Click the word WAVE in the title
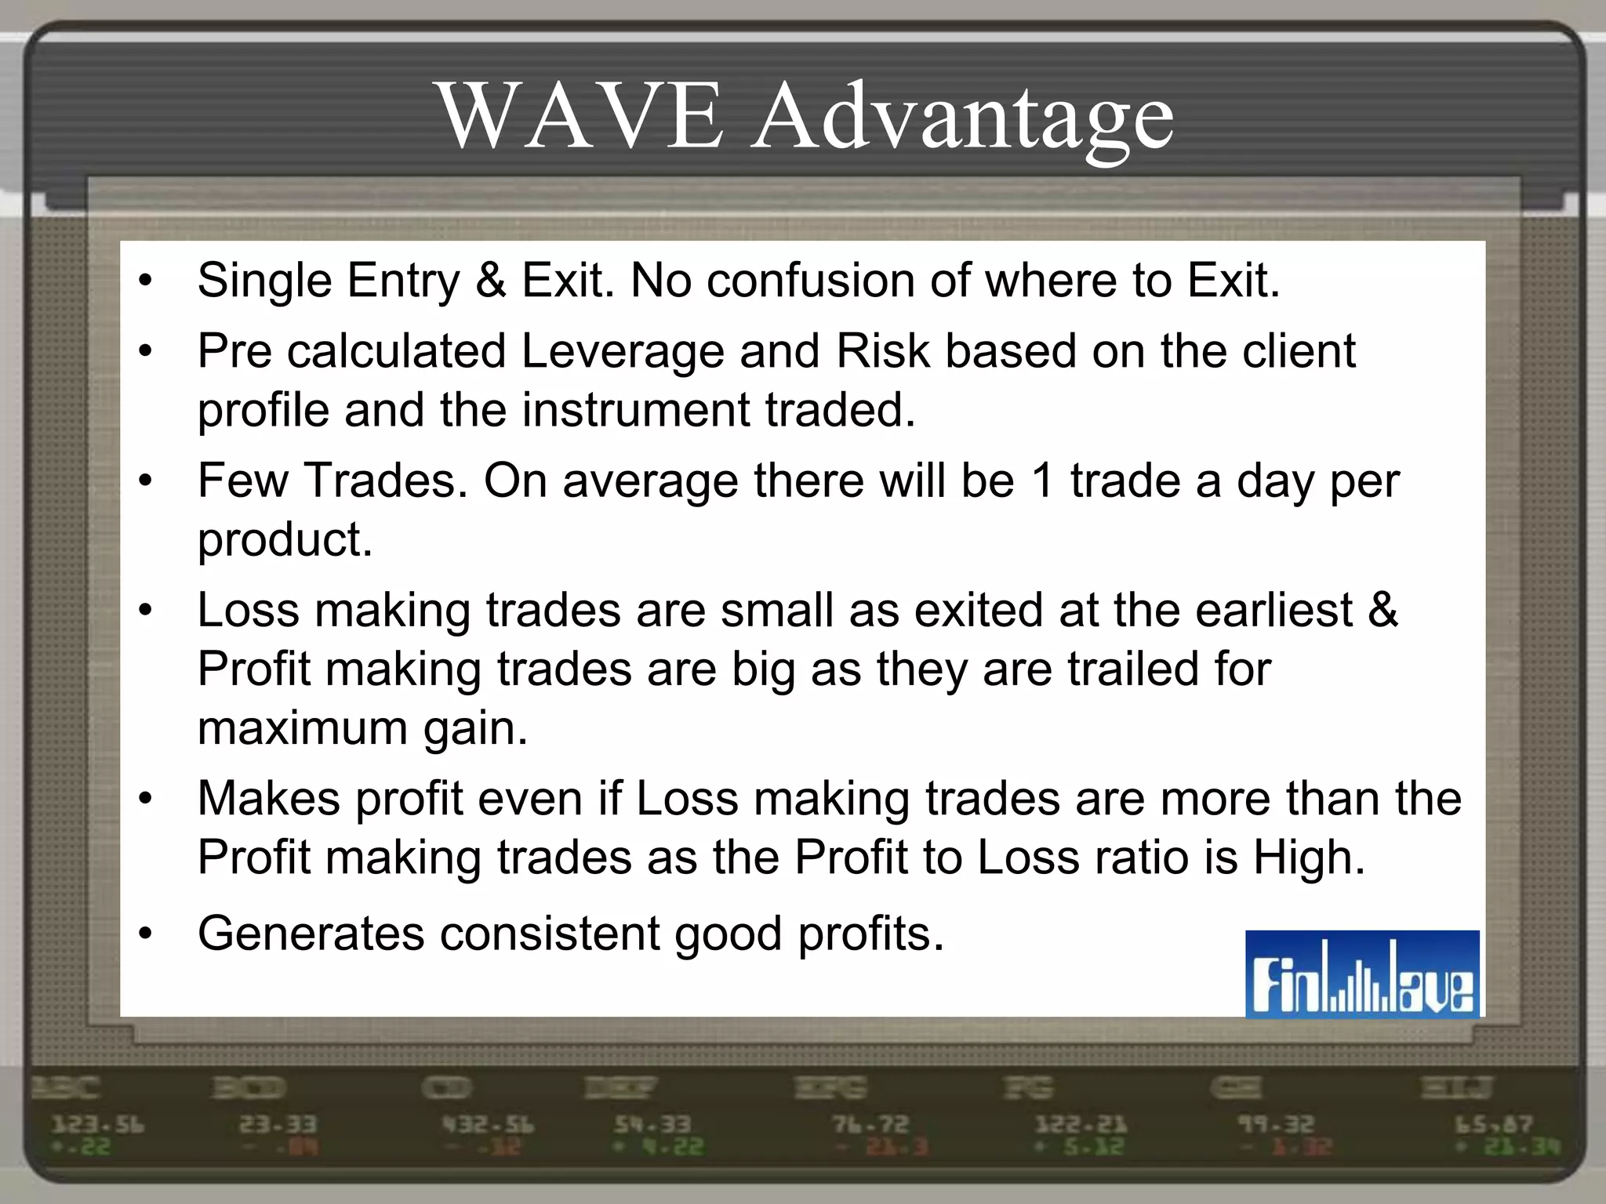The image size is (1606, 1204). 580,118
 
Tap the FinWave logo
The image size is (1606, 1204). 1362,974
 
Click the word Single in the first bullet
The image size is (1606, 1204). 264,281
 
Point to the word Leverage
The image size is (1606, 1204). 622,351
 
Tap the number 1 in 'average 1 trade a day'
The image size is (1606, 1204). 1042,481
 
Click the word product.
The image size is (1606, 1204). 285,541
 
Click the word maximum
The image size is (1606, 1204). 302,728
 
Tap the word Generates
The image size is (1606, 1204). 310,934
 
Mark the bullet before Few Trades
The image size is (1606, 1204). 144,481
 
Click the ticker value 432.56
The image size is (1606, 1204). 488,1126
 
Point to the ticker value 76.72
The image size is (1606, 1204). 870,1126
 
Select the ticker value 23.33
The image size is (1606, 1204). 278,1126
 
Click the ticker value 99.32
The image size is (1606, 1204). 1276,1126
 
